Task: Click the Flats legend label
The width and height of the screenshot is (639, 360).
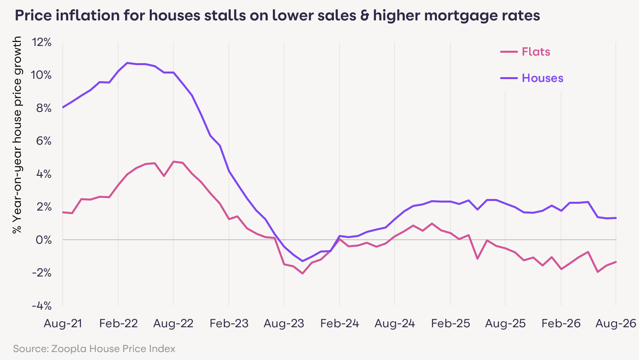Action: tap(536, 52)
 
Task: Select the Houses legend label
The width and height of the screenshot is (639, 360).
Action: tap(542, 78)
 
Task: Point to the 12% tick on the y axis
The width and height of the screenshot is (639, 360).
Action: tap(42, 42)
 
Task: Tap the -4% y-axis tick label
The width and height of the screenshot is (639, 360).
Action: tap(42, 306)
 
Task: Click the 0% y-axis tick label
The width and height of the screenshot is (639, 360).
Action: tap(44, 240)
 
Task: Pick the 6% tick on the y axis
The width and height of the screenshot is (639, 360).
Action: tap(44, 141)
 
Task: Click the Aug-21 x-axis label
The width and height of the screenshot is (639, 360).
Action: tap(63, 324)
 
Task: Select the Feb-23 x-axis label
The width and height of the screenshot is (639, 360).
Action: tap(229, 324)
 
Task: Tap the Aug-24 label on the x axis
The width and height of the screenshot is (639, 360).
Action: tap(395, 324)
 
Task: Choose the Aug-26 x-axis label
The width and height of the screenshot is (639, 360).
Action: tap(615, 324)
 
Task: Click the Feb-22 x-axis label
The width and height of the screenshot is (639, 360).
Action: tap(118, 324)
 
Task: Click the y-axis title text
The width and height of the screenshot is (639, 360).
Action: tap(17, 135)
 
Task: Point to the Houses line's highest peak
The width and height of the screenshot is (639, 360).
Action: tap(127, 63)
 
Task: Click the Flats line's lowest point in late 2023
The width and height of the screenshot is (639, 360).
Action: tap(302, 274)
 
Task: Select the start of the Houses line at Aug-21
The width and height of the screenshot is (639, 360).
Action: tap(63, 107)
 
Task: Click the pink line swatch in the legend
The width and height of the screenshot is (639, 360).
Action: tap(509, 52)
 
